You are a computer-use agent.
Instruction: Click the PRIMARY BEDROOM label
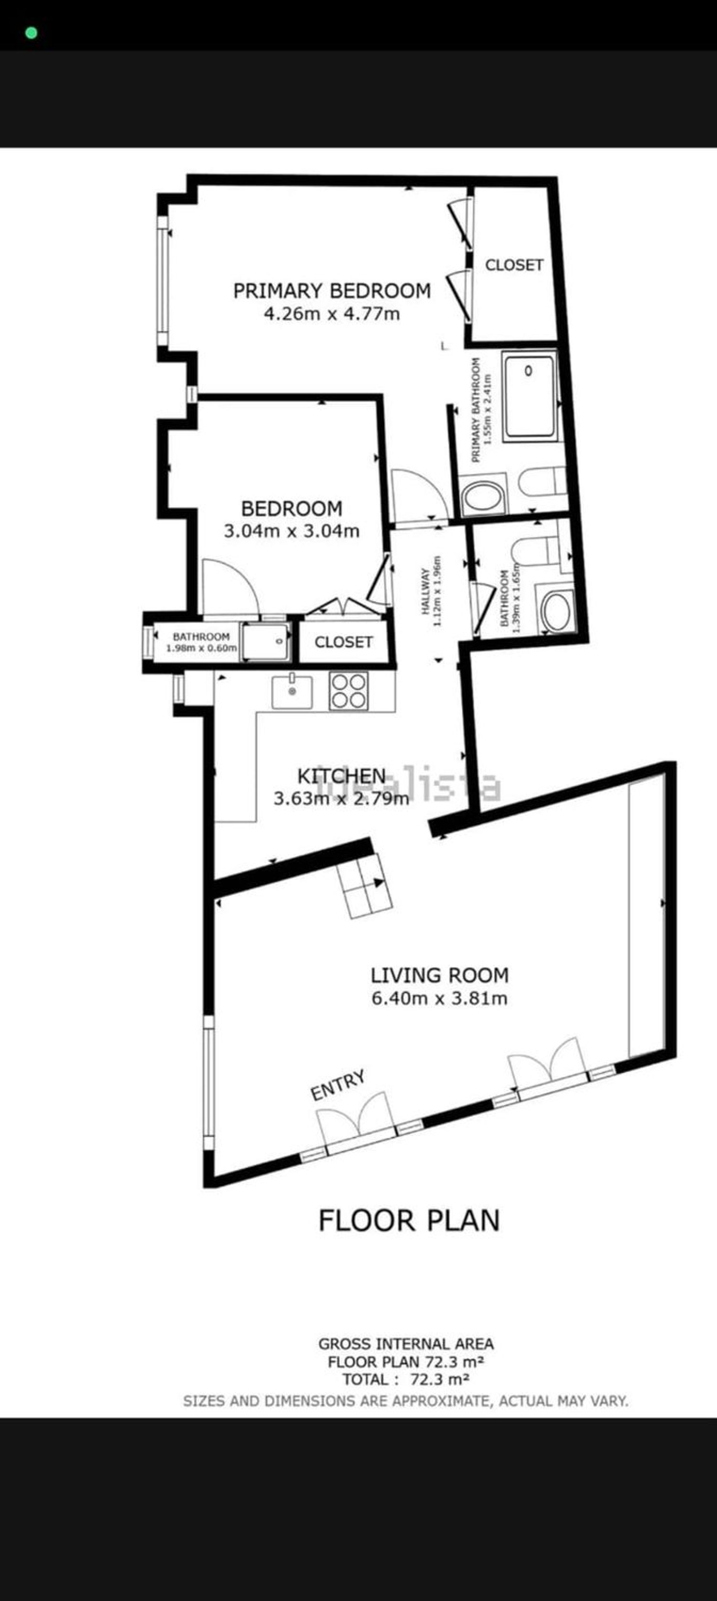pyautogui.click(x=332, y=291)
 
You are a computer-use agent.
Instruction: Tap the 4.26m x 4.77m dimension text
pyautogui.click(x=332, y=314)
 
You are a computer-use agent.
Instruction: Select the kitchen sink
pyautogui.click(x=292, y=692)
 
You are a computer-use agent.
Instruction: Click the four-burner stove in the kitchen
pyautogui.click(x=348, y=691)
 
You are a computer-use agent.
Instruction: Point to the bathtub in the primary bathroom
pyautogui.click(x=529, y=396)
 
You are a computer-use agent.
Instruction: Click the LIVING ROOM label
pyautogui.click(x=439, y=975)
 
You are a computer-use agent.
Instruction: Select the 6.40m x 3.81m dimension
pyautogui.click(x=439, y=999)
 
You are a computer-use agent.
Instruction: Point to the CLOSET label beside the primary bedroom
pyautogui.click(x=514, y=265)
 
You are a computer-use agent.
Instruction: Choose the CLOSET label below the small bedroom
pyautogui.click(x=344, y=642)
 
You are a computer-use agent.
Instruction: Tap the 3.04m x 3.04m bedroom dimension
pyautogui.click(x=292, y=531)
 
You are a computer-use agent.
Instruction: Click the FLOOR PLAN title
pyautogui.click(x=409, y=1221)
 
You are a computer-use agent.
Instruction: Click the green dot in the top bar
pyautogui.click(x=31, y=33)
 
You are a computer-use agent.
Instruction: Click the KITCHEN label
pyautogui.click(x=342, y=776)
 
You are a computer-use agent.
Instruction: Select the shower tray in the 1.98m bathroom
pyautogui.click(x=265, y=641)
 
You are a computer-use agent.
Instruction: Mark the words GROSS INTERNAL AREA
pyautogui.click(x=406, y=1344)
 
